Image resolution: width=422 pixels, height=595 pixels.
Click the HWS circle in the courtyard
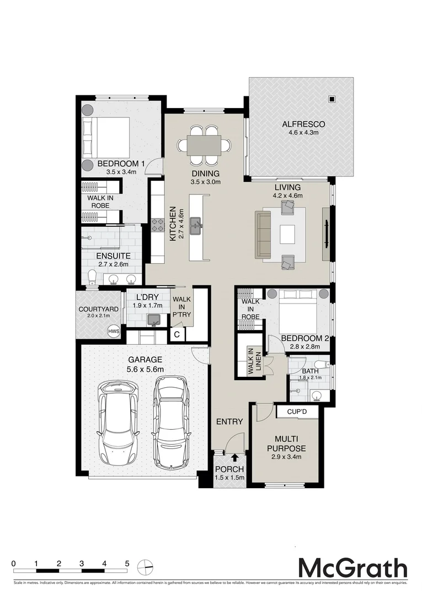click(114, 331)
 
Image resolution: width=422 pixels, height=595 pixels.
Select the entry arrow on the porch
click(235, 457)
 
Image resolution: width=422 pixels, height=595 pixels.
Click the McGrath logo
click(352, 568)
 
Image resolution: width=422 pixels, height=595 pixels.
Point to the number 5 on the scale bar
click(127, 564)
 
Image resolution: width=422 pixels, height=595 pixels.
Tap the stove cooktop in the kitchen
click(158, 224)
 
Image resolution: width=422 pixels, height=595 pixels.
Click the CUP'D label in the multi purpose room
click(301, 412)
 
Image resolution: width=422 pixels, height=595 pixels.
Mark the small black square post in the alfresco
click(332, 99)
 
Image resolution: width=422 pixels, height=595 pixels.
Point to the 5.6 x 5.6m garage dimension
click(146, 369)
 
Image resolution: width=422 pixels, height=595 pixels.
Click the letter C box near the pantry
click(177, 334)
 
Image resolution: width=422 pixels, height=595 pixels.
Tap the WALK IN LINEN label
click(250, 362)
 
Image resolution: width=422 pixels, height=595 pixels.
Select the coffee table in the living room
click(287, 234)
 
